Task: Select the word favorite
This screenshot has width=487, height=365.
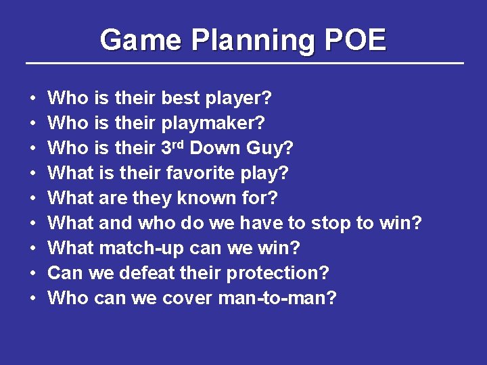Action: click(200, 174)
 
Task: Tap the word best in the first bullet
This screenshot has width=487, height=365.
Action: click(180, 99)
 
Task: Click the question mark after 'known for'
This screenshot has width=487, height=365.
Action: click(273, 199)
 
